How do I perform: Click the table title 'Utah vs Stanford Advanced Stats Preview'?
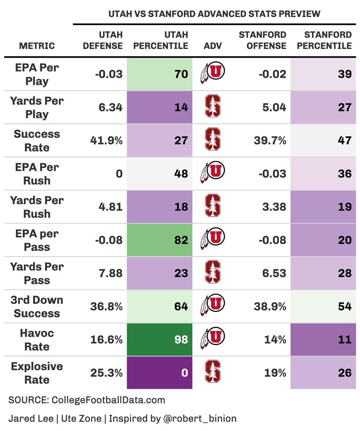point(214,14)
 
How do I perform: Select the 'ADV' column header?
point(213,46)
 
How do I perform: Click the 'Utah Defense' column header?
point(103,40)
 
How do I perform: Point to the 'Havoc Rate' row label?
point(37,340)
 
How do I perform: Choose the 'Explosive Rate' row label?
point(37,373)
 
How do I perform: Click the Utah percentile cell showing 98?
point(160,339)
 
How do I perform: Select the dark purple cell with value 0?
point(160,373)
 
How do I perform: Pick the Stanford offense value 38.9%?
point(270,306)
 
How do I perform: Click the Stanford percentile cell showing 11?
point(323,339)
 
